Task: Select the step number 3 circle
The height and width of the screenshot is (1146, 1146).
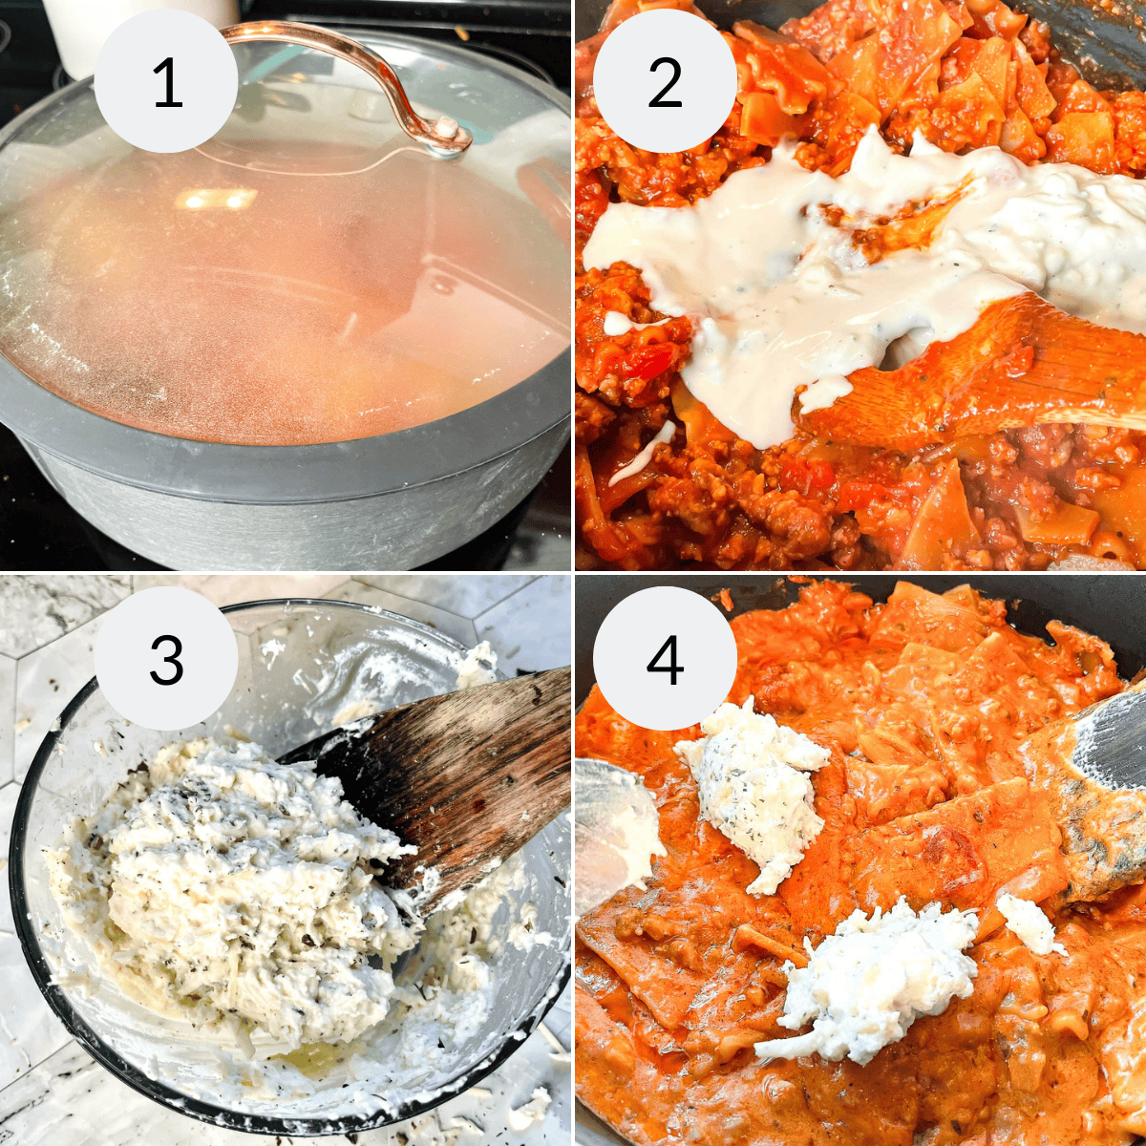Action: pos(167,659)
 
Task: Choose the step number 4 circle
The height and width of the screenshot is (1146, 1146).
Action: pos(665,659)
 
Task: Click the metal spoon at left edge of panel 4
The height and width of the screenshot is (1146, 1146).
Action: pos(611,821)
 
